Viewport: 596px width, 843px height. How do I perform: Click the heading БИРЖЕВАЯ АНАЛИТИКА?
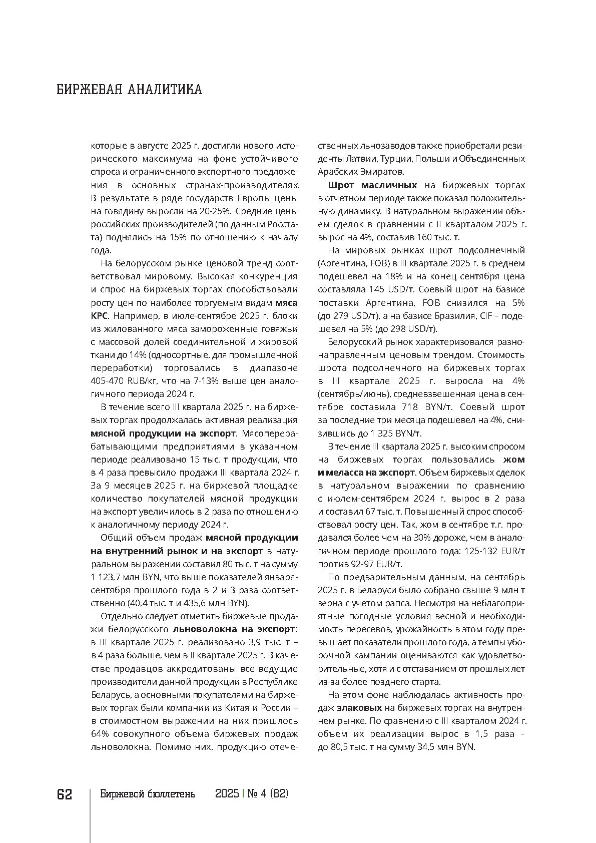tap(129, 90)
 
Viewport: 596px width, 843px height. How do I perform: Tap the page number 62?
tap(65, 794)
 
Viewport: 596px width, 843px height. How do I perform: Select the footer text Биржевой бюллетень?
tap(147, 794)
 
